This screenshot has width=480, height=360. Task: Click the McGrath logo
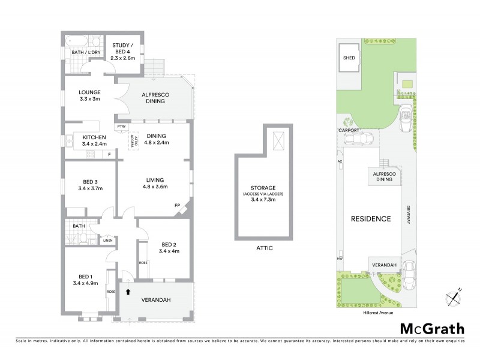tap(432, 328)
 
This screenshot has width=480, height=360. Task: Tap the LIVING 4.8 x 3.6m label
tap(155, 183)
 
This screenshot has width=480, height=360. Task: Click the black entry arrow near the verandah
tap(127, 292)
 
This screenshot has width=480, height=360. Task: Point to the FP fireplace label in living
tap(178, 206)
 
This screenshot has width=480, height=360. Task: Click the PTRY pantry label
tap(122, 127)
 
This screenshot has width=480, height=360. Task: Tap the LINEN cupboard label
tap(107, 241)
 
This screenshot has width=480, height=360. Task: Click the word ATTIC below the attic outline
tap(263, 247)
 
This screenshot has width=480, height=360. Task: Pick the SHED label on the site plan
tap(349, 58)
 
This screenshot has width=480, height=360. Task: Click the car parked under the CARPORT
tap(358, 139)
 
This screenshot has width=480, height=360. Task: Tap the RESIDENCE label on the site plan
tap(371, 218)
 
